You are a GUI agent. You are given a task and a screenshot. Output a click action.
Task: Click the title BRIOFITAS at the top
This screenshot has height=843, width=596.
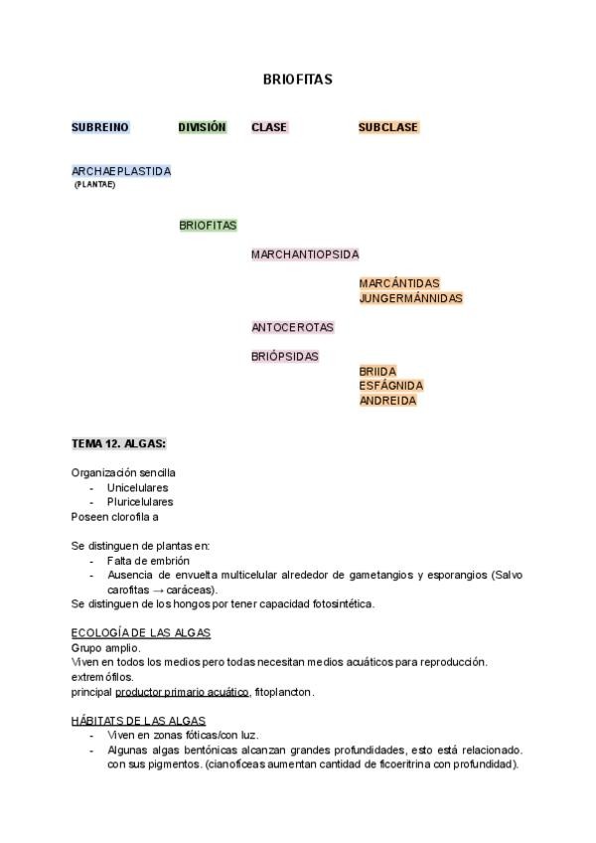[x=297, y=79]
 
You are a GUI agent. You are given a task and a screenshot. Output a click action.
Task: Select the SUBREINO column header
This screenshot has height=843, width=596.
[x=99, y=127]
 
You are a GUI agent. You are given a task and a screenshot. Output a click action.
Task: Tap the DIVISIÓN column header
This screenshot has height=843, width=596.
[x=203, y=127]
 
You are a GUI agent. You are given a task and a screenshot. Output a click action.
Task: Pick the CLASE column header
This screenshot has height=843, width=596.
[x=269, y=127]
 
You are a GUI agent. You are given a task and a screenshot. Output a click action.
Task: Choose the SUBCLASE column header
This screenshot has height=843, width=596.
[x=388, y=127]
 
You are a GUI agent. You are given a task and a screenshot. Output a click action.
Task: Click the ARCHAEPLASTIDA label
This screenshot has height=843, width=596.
[x=121, y=171]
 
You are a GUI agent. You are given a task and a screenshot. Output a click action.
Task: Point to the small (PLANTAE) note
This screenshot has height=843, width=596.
[x=94, y=184]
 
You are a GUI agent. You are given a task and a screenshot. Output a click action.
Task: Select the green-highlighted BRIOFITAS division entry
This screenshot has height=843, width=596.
[x=208, y=226]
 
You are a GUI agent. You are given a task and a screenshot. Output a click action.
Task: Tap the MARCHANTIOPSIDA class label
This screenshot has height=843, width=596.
[x=305, y=254]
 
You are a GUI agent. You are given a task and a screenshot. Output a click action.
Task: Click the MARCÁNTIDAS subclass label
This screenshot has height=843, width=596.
[x=399, y=283]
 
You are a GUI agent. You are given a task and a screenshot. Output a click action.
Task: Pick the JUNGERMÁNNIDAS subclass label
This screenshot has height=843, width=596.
[x=410, y=298]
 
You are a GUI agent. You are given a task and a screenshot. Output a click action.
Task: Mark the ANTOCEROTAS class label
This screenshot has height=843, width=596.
[x=292, y=327]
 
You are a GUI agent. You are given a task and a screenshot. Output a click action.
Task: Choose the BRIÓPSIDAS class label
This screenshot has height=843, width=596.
[x=285, y=356]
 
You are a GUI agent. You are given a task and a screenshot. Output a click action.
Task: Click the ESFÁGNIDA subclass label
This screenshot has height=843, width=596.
[x=391, y=386]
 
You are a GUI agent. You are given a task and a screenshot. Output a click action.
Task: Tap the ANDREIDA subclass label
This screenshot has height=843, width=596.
[x=387, y=401]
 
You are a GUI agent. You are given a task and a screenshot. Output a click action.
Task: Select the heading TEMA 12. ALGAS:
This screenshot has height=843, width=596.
[x=118, y=443]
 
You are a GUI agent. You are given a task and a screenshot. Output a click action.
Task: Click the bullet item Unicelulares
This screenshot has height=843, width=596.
[x=137, y=488]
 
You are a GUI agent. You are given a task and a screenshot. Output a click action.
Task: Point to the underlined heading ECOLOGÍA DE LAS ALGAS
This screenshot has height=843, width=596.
[x=140, y=633]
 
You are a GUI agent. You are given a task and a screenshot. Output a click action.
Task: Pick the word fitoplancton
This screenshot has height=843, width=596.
[x=283, y=691]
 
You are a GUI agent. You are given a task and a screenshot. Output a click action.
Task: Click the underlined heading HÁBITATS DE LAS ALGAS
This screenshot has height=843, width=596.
[x=138, y=720]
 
